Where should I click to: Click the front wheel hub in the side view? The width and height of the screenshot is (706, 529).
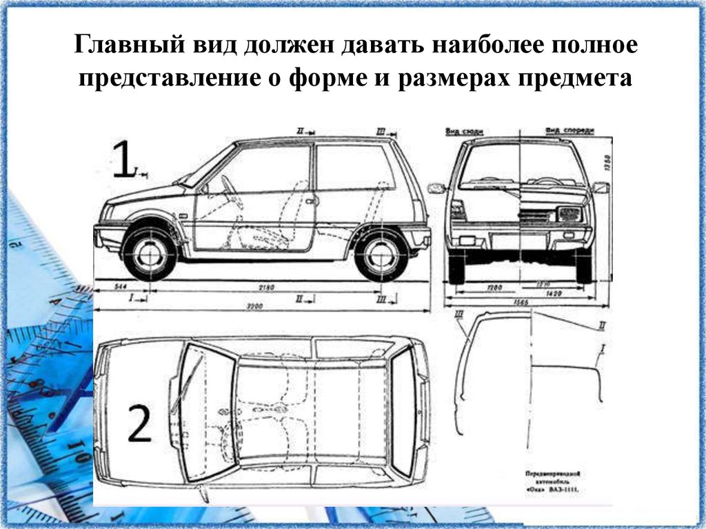point(149,254)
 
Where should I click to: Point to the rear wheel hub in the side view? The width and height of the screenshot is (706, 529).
point(381,254)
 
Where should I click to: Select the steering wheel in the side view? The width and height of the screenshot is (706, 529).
point(228,185)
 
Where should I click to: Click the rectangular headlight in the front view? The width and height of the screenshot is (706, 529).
point(569,214)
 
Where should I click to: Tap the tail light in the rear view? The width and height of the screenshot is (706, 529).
point(458,209)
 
